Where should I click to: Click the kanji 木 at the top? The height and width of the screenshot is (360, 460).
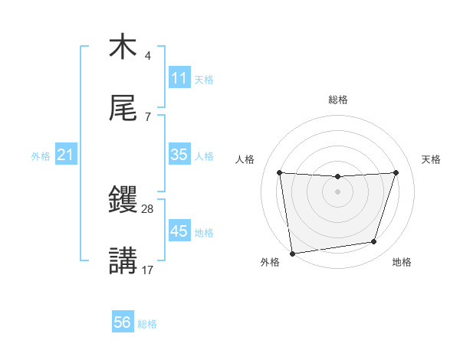click(123, 47)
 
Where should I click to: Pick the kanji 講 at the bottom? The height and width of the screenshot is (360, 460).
click(123, 261)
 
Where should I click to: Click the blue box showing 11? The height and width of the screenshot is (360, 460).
click(179, 78)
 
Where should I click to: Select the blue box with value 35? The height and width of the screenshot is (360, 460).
click(179, 155)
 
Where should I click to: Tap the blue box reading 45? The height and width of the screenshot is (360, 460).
click(179, 231)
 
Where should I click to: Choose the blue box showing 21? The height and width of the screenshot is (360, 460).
click(66, 155)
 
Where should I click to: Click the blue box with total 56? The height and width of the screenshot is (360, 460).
click(123, 322)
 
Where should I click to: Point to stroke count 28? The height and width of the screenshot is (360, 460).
click(148, 208)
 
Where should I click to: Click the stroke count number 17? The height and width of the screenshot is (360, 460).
click(148, 270)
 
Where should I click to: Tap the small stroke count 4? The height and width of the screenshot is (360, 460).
click(147, 55)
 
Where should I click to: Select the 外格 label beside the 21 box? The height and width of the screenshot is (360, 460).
click(41, 155)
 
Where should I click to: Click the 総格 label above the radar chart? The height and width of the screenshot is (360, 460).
click(338, 100)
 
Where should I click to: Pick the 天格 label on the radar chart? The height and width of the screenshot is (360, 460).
click(432, 159)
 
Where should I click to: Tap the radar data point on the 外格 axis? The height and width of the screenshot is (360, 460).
click(292, 253)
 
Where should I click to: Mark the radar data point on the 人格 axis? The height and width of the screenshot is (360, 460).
click(280, 172)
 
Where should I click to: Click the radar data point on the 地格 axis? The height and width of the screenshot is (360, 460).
click(374, 242)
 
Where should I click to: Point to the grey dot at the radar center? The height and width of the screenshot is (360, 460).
click(337, 191)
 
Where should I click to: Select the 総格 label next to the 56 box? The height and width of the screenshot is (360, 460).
click(147, 323)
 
